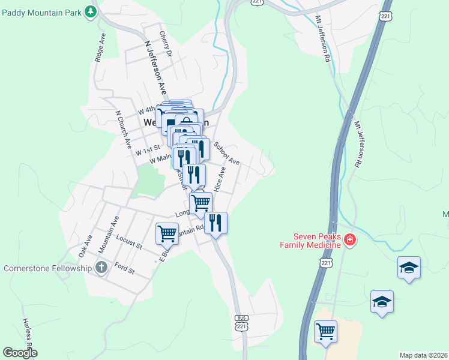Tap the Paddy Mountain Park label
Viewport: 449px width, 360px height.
coord(41,11)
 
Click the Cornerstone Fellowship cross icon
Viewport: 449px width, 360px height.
coord(101,267)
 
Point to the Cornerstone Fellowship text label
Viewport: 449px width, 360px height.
coord(48,268)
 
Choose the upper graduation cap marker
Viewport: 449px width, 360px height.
coord(409,268)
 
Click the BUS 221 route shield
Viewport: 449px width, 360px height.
coord(241,323)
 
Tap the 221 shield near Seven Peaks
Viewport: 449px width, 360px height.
coord(326,263)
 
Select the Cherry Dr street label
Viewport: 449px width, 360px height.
coord(166,44)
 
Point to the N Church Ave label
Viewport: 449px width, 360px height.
coord(124,129)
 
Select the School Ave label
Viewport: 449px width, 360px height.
coord(227,154)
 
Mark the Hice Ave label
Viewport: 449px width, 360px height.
coord(221,179)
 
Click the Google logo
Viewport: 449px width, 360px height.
coord(20,353)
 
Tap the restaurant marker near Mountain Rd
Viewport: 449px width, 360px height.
coord(215,223)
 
